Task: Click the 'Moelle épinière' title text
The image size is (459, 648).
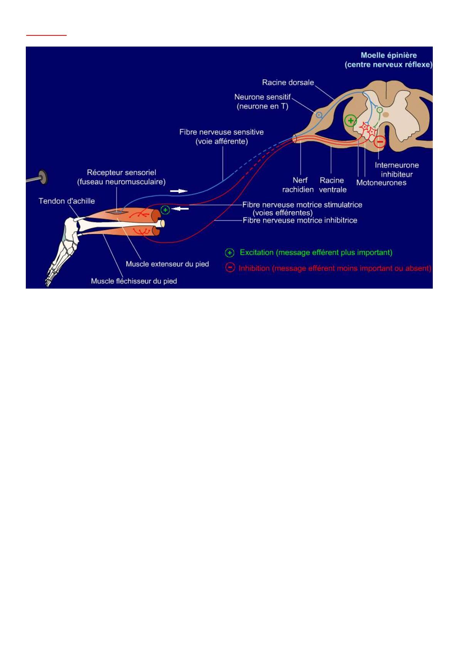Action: tap(388, 55)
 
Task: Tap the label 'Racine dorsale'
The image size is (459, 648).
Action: tap(288, 82)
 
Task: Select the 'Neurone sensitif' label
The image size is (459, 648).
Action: tap(262, 97)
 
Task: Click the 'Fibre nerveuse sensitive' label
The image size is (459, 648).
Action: tap(221, 132)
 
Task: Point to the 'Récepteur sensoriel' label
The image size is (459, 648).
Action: tap(121, 172)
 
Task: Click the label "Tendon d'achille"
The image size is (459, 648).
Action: tap(67, 201)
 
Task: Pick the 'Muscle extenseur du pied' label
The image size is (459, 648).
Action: tap(167, 264)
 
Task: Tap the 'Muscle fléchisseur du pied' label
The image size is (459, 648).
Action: tap(134, 281)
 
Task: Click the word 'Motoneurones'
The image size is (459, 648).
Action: tap(381, 182)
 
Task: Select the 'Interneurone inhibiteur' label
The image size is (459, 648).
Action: tap(397, 170)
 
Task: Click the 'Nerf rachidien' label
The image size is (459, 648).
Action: tap(298, 185)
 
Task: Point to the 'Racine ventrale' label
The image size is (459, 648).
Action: tap(332, 185)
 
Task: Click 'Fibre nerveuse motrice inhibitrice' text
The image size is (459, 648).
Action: tap(300, 220)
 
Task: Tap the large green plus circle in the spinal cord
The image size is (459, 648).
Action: tap(351, 120)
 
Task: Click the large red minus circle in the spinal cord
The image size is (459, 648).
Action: tap(380, 142)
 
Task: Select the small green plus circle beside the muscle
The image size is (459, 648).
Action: tap(165, 210)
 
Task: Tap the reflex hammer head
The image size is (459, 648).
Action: tap(43, 177)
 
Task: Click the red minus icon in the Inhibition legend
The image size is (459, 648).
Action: tap(230, 267)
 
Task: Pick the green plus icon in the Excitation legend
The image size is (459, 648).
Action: tap(230, 253)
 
